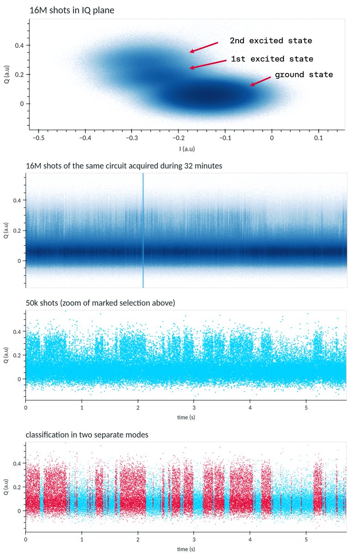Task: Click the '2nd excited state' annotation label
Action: pos(271,41)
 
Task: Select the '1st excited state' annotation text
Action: pos(272,59)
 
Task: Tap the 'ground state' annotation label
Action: pos(304,74)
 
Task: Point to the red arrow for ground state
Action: pos(260,81)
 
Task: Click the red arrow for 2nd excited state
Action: pos(204,47)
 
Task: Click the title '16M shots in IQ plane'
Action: pos(72,10)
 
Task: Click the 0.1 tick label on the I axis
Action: pos(318,138)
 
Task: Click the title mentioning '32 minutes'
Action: pos(125,166)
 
